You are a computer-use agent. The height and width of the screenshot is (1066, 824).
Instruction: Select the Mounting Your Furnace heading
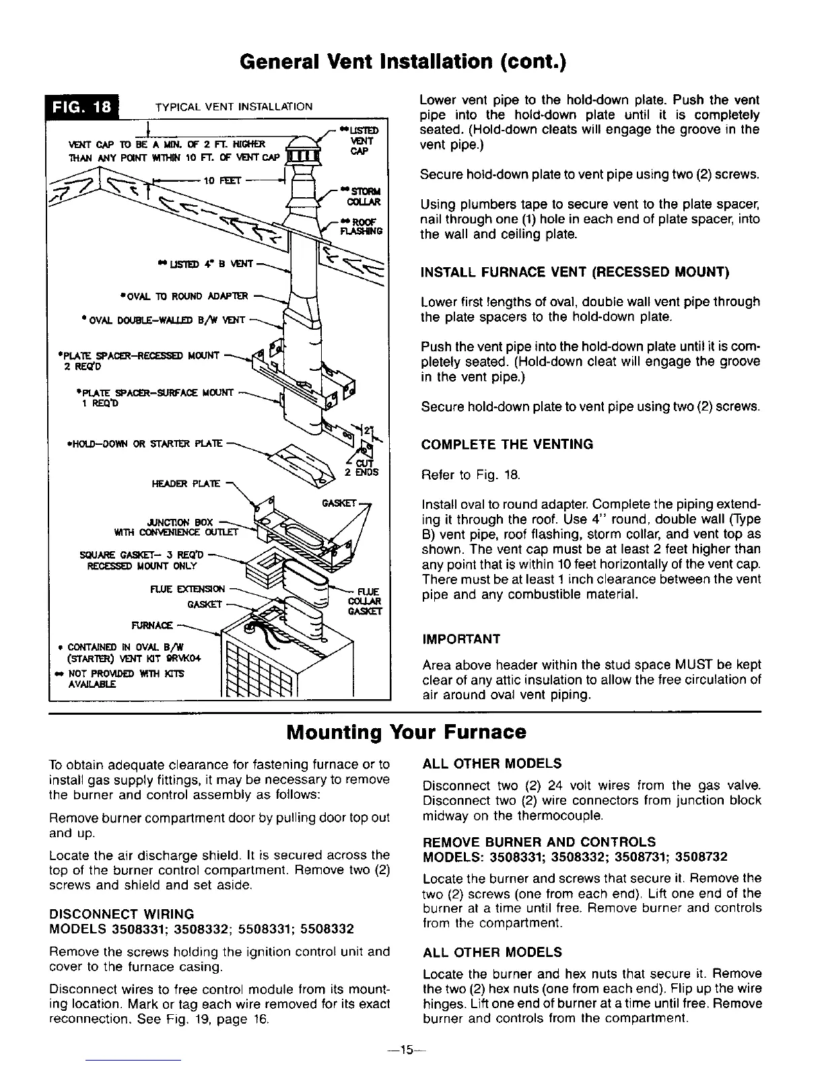click(x=406, y=732)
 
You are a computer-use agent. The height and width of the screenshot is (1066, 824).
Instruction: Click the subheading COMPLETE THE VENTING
click(x=507, y=444)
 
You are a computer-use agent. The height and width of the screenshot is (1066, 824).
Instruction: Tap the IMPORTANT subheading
click(x=460, y=638)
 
